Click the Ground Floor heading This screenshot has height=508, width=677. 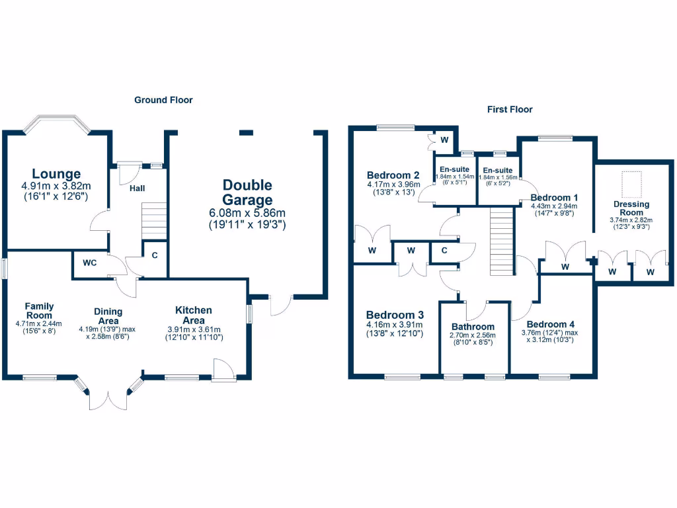[163, 100]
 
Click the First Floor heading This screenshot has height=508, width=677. [509, 109]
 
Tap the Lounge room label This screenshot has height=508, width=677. [56, 174]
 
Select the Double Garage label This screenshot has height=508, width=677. [247, 192]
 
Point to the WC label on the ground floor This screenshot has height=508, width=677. [90, 263]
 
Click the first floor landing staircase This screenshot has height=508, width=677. [502, 239]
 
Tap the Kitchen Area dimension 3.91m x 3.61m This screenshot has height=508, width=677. [194, 329]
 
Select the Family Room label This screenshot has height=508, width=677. [39, 310]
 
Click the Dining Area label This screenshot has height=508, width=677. [107, 316]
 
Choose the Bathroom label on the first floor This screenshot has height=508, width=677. [473, 327]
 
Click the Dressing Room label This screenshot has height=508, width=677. [631, 208]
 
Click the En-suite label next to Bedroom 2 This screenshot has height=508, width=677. [455, 169]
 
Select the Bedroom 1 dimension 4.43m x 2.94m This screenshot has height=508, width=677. [554, 206]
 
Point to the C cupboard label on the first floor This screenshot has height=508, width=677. [444, 250]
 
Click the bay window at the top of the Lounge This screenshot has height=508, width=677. [56, 123]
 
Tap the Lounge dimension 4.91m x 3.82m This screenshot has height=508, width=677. [56, 187]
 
